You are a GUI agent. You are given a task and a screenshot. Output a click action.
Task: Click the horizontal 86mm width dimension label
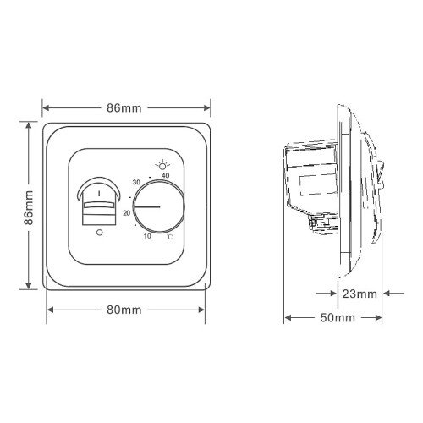click(124, 108)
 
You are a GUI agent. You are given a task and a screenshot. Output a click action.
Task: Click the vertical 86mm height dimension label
click(29, 207)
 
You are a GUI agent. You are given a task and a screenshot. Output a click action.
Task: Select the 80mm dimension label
click(124, 310)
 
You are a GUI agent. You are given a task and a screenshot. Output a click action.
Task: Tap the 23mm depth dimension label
click(360, 294)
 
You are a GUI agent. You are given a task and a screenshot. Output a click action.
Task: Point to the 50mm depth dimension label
click(338, 318)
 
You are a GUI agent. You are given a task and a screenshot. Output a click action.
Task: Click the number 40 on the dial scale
click(165, 175)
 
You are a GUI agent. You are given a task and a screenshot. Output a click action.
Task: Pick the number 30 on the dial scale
click(136, 182)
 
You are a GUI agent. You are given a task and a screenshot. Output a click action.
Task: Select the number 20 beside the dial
click(127, 213)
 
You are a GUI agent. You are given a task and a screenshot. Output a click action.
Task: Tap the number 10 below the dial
click(147, 236)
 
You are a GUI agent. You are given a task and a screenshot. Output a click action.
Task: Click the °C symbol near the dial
click(169, 237)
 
